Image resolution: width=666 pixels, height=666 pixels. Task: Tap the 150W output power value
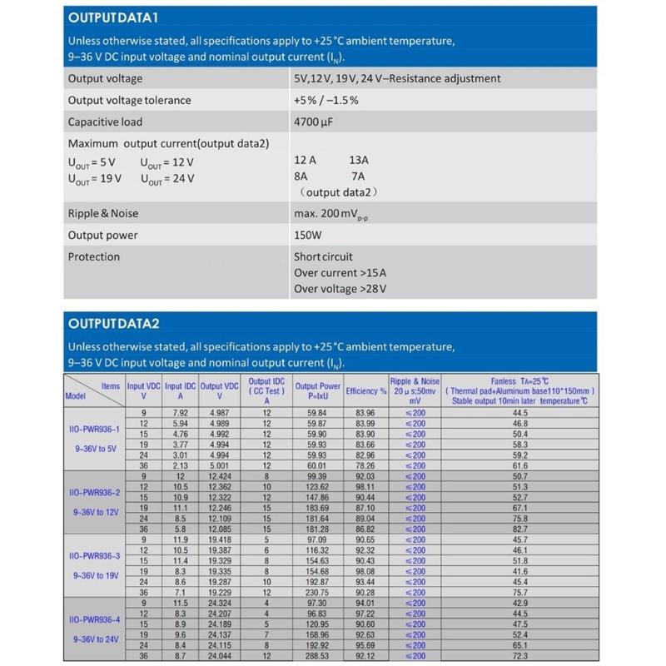307,235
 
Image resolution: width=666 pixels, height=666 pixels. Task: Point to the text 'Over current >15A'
340,272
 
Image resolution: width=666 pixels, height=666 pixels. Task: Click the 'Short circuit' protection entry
323,256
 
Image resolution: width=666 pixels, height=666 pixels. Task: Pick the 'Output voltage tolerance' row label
129,100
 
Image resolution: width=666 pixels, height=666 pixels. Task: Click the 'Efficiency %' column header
366,390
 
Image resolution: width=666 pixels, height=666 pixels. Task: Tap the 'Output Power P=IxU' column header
318,391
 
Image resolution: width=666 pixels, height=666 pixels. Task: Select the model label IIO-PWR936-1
94,429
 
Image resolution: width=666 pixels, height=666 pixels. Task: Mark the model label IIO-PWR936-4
94,620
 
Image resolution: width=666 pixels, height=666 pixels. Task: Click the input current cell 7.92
181,412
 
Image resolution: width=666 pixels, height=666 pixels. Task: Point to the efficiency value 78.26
365,466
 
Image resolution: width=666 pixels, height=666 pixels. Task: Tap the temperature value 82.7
520,529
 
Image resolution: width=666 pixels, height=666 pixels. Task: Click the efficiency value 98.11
365,487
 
